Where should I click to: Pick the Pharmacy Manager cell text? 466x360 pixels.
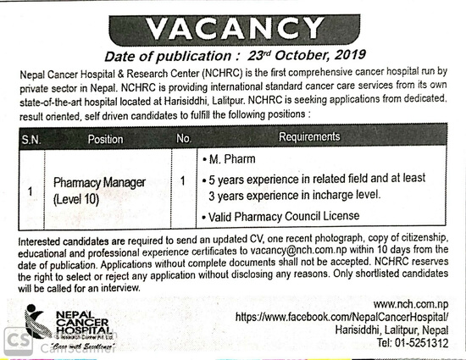(x=99, y=183)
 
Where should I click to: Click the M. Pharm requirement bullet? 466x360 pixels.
(x=230, y=159)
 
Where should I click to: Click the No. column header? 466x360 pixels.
(x=184, y=137)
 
